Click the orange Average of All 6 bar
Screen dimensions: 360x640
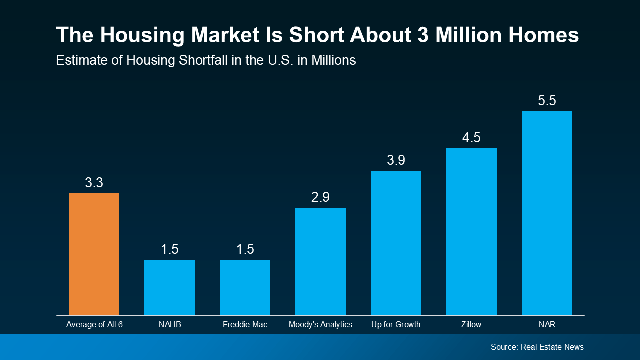94,254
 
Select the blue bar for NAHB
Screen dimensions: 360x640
169,287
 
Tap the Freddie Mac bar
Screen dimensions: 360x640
245,287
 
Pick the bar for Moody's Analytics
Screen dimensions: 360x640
320,261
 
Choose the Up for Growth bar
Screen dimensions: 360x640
396,243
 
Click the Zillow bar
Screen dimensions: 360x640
471,232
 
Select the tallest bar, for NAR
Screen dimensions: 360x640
547,213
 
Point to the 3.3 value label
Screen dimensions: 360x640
94,183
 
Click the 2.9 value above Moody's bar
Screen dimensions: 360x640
320,197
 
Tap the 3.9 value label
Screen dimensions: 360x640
396,160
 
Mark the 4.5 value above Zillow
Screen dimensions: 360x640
471,138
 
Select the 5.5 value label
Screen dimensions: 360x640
547,101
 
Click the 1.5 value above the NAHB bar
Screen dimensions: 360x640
169,249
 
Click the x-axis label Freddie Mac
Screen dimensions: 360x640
245,325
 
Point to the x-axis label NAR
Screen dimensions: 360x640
547,325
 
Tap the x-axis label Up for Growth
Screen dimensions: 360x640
396,325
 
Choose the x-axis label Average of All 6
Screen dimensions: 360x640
94,325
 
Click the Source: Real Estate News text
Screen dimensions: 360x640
537,347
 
